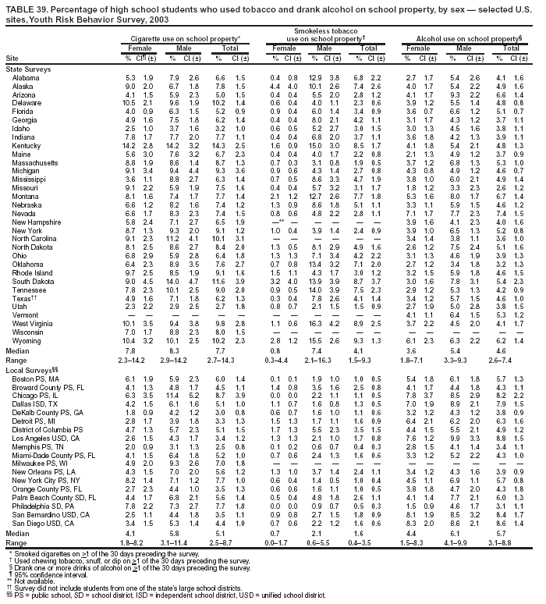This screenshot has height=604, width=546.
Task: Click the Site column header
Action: point(12,58)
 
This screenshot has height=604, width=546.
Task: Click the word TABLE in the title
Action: point(21,6)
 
